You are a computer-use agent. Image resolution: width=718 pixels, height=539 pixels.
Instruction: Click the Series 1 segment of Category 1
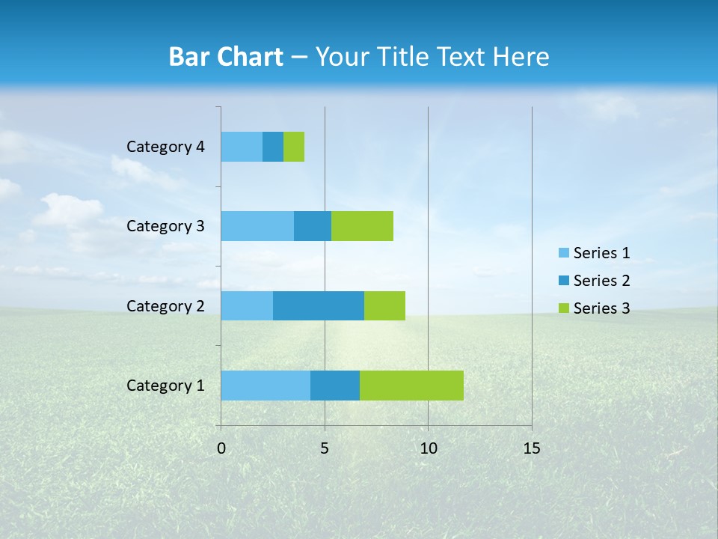(x=266, y=386)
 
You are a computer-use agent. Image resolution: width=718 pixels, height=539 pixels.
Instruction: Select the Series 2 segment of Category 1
(x=335, y=386)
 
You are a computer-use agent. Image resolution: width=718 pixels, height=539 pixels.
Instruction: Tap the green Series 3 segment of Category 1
(x=411, y=386)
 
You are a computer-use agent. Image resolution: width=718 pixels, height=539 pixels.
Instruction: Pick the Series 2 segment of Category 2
(x=319, y=305)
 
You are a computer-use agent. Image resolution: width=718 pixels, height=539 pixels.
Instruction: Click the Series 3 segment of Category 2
(x=384, y=305)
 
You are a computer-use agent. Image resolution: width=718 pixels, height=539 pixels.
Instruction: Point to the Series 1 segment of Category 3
(x=257, y=226)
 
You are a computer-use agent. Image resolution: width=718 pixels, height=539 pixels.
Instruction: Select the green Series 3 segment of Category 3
(x=362, y=226)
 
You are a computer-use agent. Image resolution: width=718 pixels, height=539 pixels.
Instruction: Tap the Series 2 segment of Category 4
(x=273, y=147)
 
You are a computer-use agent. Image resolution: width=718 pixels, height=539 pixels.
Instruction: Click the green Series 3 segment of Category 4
(x=294, y=147)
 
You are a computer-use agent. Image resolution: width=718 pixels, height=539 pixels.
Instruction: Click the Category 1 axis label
(x=165, y=386)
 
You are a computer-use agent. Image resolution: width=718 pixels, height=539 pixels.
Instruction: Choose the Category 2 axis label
(x=165, y=306)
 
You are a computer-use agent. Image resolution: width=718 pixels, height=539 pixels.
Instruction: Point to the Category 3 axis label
(x=165, y=226)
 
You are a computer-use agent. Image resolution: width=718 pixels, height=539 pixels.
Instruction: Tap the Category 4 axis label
(x=165, y=147)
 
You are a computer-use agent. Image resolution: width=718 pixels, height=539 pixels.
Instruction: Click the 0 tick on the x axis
(x=221, y=448)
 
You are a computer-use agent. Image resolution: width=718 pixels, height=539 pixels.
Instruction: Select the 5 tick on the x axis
(x=325, y=448)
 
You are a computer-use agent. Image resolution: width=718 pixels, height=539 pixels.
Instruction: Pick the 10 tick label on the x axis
(x=428, y=448)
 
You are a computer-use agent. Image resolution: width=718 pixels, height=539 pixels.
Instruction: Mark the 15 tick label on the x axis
(x=531, y=448)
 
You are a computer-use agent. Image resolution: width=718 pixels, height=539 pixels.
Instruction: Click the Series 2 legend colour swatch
(x=563, y=281)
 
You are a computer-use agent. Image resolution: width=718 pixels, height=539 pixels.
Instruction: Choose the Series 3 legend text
(x=601, y=308)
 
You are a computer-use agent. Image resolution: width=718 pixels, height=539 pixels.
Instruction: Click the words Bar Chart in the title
(x=226, y=57)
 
